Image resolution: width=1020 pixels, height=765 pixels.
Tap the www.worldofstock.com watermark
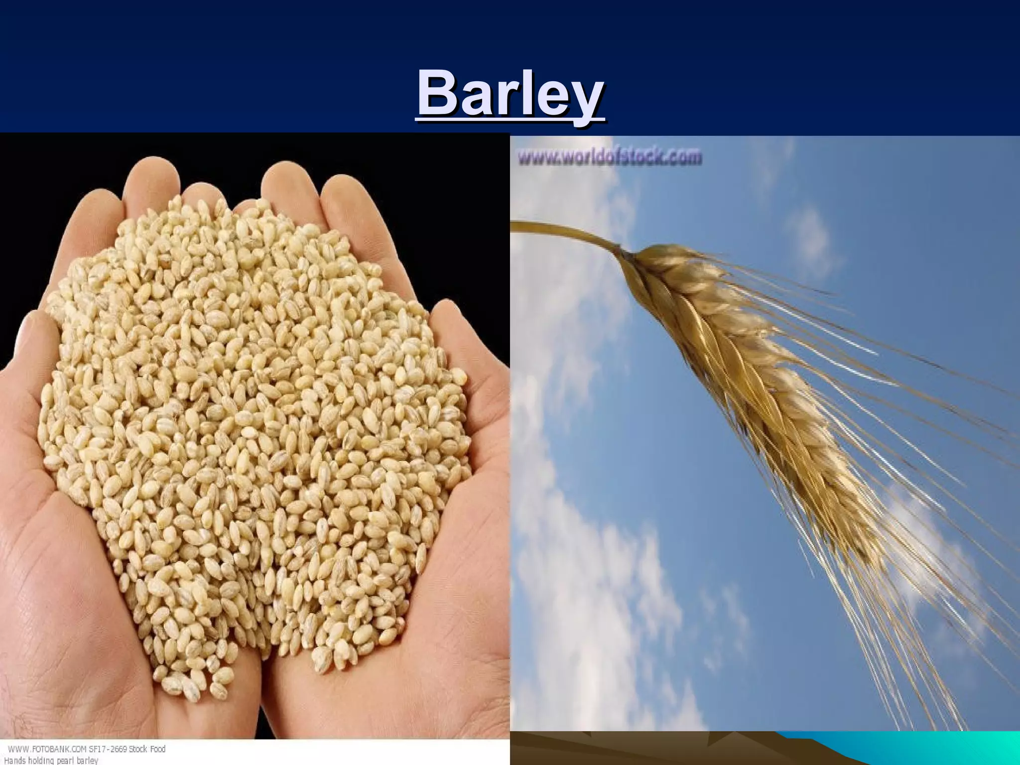(610, 157)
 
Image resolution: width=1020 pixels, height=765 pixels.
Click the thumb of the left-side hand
(30, 349)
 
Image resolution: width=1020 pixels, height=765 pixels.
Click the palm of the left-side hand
(75, 573)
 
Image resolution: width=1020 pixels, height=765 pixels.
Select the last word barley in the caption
(87, 761)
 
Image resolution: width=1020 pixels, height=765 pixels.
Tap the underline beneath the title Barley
(510, 119)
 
